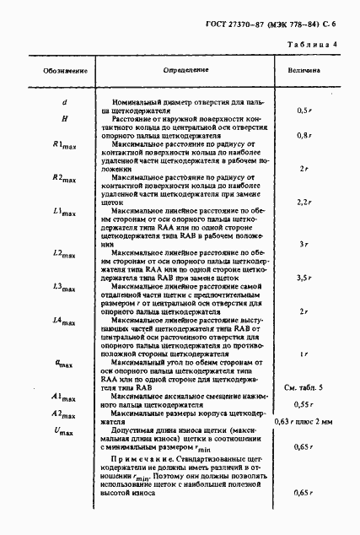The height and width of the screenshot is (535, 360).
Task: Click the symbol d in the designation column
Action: (65, 103)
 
